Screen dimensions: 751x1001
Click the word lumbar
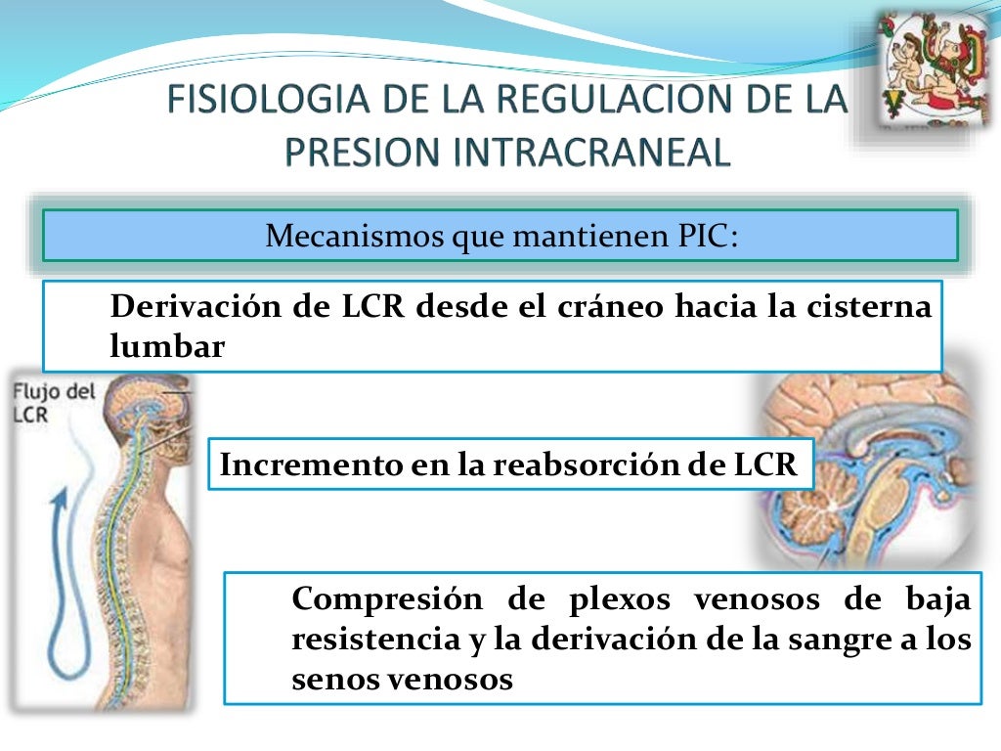[x=168, y=346]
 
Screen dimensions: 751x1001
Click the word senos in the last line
[x=329, y=679]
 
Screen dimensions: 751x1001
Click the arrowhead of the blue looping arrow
[x=61, y=501]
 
